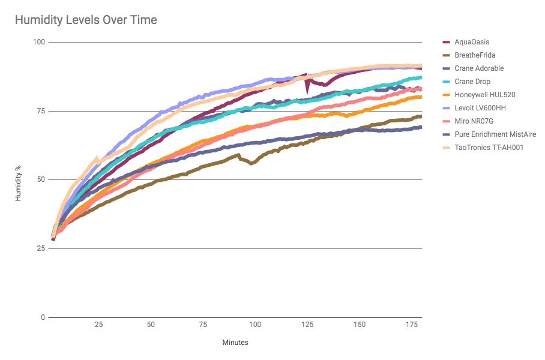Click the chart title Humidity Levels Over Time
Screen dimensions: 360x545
(x=86, y=20)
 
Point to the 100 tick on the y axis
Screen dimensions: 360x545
(x=39, y=42)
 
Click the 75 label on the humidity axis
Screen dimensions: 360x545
(x=41, y=111)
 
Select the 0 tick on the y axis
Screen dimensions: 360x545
(x=43, y=317)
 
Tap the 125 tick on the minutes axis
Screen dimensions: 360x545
(x=307, y=325)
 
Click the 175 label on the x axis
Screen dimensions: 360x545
(x=412, y=325)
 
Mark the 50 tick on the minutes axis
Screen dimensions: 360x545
(x=151, y=325)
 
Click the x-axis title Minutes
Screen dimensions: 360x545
(x=235, y=343)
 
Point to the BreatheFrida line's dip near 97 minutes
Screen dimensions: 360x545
(x=251, y=163)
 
